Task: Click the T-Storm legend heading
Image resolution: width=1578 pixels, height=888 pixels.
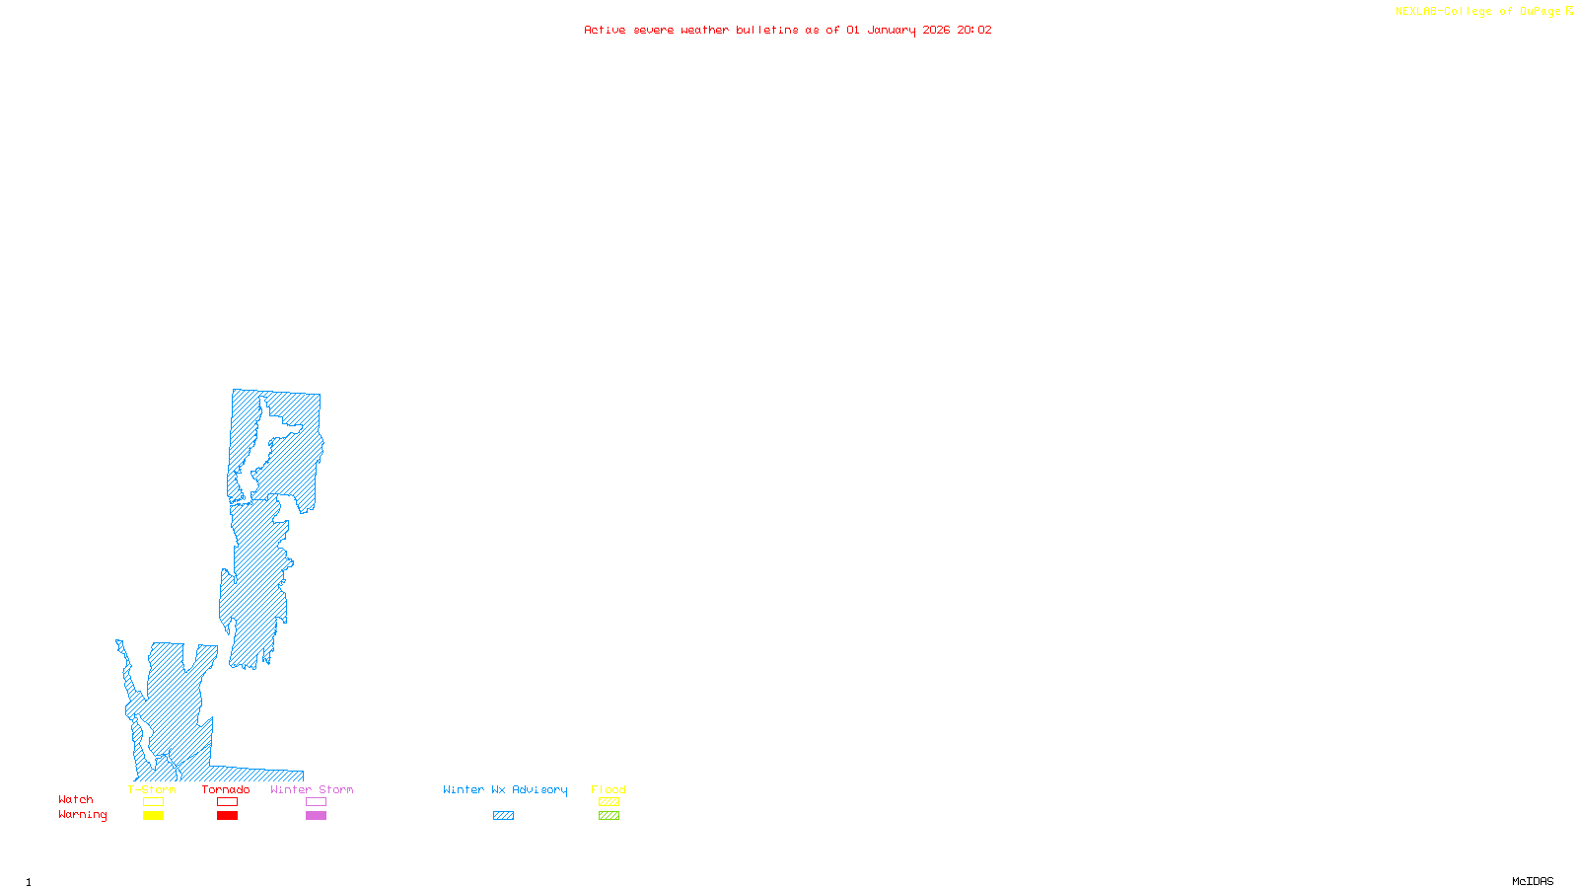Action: click(152, 789)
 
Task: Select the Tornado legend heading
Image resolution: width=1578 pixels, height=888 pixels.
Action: click(226, 789)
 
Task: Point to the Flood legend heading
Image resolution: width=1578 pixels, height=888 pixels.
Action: click(609, 789)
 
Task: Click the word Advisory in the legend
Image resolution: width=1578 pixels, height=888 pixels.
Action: click(539, 789)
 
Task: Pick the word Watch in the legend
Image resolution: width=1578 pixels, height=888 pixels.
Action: click(76, 799)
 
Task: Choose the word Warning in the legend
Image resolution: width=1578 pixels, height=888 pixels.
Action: click(83, 815)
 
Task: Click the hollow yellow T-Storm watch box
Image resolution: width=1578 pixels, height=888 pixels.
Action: click(153, 802)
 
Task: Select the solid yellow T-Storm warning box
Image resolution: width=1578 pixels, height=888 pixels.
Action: click(153, 816)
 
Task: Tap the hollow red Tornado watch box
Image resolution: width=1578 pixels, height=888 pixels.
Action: click(228, 802)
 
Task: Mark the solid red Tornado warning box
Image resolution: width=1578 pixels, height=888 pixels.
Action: click(228, 816)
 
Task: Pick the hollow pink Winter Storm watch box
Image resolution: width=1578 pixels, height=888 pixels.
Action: click(316, 802)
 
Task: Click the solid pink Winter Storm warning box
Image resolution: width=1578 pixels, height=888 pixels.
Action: click(316, 816)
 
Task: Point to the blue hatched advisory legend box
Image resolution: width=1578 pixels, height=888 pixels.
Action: click(503, 816)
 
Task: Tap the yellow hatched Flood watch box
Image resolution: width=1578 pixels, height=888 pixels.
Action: click(610, 802)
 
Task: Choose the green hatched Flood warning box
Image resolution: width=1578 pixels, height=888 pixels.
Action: click(610, 816)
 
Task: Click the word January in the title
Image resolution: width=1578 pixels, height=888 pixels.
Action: click(892, 30)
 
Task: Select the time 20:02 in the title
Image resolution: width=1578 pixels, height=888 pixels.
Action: click(974, 30)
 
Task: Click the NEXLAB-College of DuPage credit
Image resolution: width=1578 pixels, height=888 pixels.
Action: click(1478, 12)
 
